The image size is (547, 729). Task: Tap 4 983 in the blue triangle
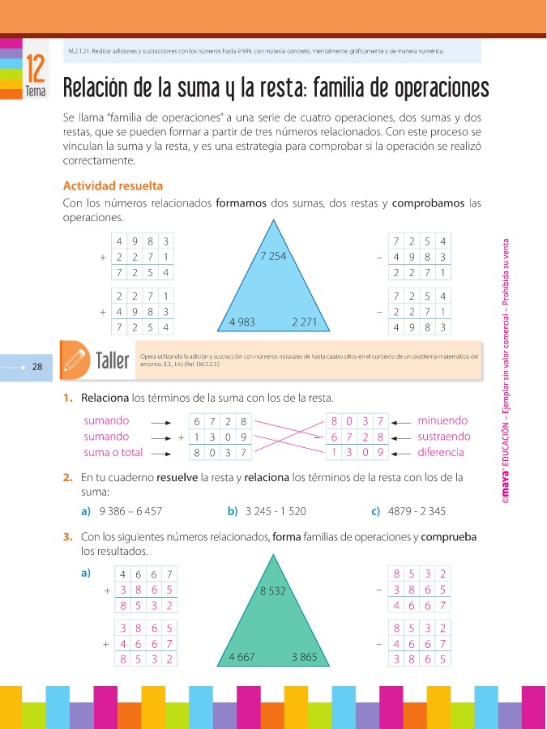(241, 322)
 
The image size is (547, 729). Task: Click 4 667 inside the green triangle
(241, 656)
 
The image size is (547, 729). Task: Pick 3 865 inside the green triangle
(305, 656)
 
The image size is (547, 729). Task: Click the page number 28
(37, 367)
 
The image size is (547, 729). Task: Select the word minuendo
(442, 420)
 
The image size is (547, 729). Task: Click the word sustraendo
(443, 437)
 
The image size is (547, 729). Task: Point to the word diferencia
(441, 452)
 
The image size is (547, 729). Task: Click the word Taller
(112, 360)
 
